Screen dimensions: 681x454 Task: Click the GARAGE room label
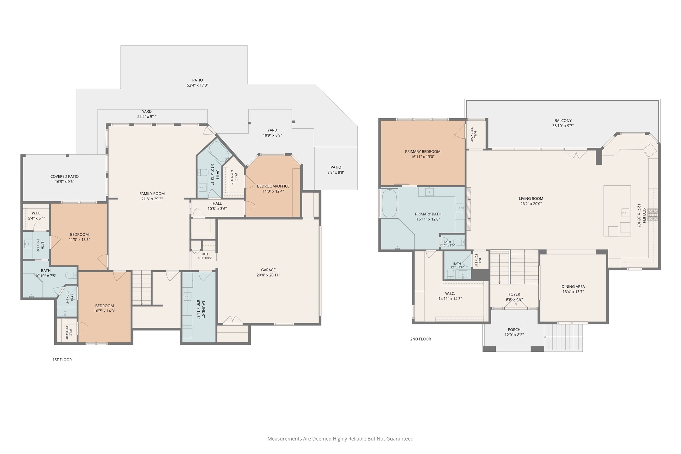268,270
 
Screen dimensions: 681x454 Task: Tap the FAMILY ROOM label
152,194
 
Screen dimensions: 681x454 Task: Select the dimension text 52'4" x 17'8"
198,85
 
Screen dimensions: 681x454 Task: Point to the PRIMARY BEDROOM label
423,152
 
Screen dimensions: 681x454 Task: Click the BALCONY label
563,121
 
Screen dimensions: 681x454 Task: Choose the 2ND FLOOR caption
420,339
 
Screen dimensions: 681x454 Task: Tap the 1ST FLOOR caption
62,360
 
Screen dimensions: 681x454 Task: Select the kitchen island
617,211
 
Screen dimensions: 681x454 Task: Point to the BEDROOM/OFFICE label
273,186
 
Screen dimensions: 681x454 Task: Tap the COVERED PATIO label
65,177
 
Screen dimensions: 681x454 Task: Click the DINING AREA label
573,287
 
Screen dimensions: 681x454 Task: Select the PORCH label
514,330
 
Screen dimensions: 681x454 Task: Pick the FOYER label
514,294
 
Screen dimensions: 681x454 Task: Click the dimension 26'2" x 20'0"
531,204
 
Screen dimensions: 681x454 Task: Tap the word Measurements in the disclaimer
284,439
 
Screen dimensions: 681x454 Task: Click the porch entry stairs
563,337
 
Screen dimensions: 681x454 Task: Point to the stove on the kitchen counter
653,215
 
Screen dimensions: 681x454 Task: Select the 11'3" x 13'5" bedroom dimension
79,240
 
